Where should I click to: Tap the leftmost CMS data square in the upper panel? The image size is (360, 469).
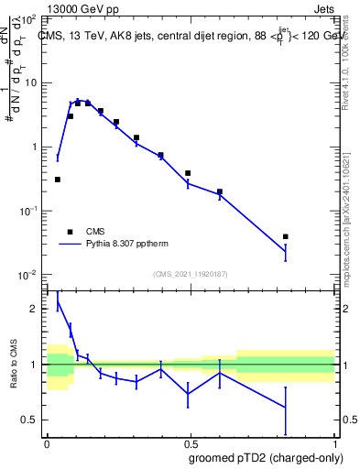(x=58, y=180)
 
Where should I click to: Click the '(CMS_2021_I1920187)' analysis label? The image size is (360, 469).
(x=190, y=274)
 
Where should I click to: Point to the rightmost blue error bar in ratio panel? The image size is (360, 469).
(x=286, y=407)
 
